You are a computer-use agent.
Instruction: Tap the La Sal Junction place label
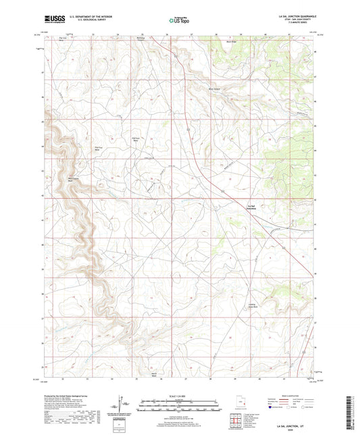tap(251, 208)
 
